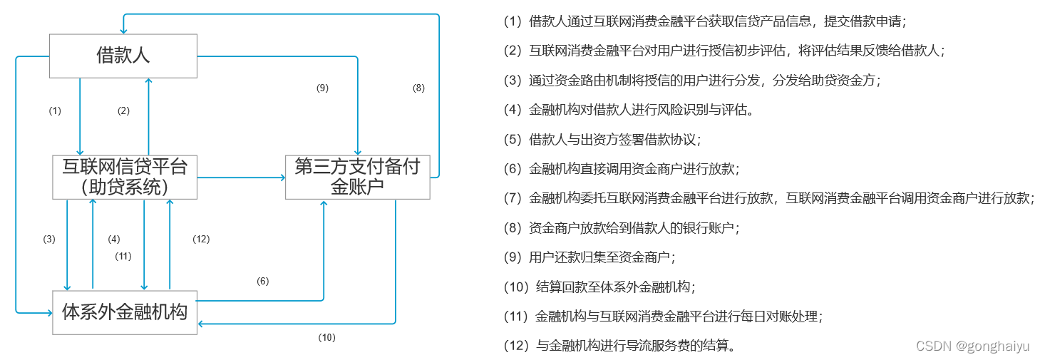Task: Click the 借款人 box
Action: pos(123,56)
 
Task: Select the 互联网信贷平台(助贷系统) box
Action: pos(125,177)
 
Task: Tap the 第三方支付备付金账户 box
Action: pos(357,177)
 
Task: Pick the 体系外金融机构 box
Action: pos(125,312)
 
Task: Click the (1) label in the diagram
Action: pos(55,110)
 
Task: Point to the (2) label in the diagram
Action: pos(123,110)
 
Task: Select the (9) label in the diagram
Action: pos(322,88)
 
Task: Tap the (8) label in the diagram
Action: pos(418,88)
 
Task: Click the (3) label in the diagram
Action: pos(48,239)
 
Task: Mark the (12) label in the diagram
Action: pos(201,239)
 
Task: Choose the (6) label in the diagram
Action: pos(262,281)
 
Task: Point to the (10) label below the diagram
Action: pos(326,337)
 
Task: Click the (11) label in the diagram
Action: pos(123,255)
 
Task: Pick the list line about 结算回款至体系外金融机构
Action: pos(599,287)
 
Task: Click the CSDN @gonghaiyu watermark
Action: pos(972,346)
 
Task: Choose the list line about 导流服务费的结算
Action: pos(619,346)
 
